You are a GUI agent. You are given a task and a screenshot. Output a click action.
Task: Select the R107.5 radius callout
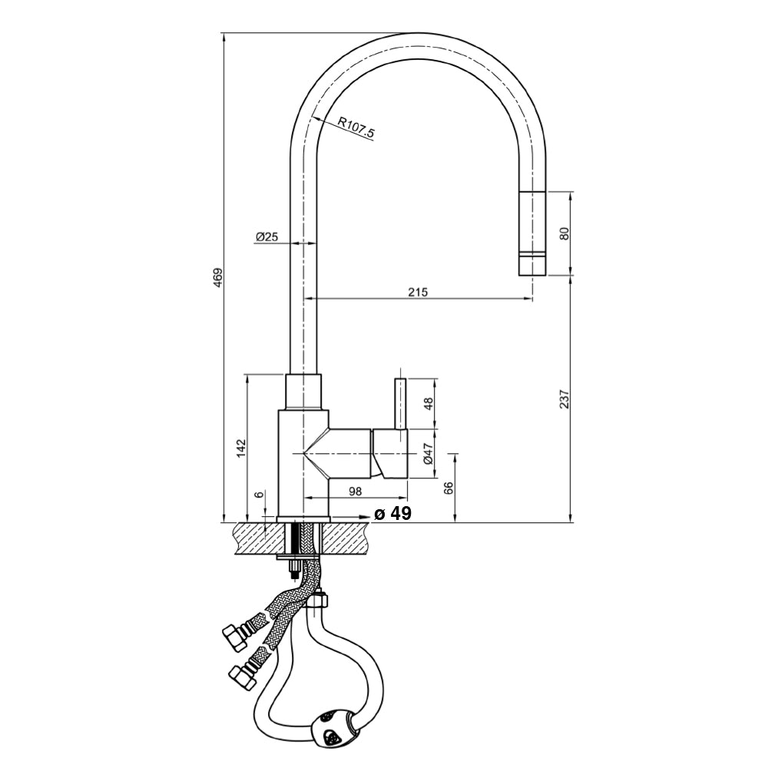click(356, 127)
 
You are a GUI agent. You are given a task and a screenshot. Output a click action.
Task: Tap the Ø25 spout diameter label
click(266, 237)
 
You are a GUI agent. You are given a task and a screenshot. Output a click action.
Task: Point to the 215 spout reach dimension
click(417, 292)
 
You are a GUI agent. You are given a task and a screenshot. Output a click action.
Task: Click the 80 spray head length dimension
click(565, 233)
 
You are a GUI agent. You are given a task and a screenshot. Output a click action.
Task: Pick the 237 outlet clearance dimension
click(565, 399)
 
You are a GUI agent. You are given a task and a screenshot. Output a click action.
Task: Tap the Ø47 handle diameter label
click(429, 453)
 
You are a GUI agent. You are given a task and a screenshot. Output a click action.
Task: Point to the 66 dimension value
click(449, 488)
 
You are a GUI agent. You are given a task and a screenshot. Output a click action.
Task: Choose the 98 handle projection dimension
click(355, 491)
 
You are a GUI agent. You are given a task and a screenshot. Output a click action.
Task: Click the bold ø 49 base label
click(392, 514)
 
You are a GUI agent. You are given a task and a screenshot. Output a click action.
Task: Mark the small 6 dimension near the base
click(260, 495)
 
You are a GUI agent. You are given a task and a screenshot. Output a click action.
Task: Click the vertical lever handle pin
click(399, 403)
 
